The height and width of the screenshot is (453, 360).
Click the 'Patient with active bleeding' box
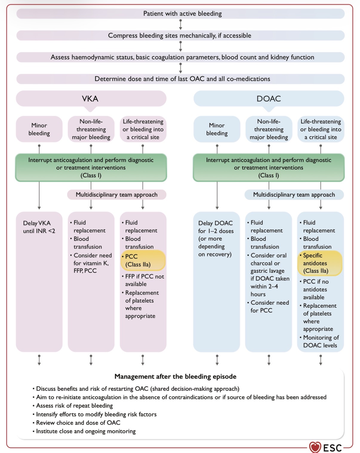pos(180,14)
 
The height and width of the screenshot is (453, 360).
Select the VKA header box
pos(91,98)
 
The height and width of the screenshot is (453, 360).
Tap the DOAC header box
pos(269,98)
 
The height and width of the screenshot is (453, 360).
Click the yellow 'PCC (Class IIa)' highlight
pos(143,261)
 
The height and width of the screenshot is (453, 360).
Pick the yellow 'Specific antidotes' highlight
pos(320,263)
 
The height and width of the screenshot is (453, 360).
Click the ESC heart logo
pos(315,447)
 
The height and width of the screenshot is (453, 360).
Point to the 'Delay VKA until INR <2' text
pos(39,227)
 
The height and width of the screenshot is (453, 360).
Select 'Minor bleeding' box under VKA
pos(39,129)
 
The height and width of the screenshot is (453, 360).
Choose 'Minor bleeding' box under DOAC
pos(217,129)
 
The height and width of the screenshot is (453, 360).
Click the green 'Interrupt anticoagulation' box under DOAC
pos(269,167)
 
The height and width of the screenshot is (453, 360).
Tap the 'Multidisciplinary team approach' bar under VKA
pos(117,195)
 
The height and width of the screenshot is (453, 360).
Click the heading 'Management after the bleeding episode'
pos(176,376)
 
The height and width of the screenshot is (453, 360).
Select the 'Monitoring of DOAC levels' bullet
pos(319,341)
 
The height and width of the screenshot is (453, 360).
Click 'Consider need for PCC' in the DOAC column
pos(268,306)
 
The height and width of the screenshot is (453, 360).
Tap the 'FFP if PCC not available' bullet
pos(143,280)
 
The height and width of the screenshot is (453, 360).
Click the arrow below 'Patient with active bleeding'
pos(181,25)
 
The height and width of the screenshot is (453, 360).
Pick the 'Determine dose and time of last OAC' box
pos(180,79)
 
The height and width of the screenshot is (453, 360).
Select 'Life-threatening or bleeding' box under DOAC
pos(321,129)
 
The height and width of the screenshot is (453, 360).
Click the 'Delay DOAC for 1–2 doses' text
pos(216,238)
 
